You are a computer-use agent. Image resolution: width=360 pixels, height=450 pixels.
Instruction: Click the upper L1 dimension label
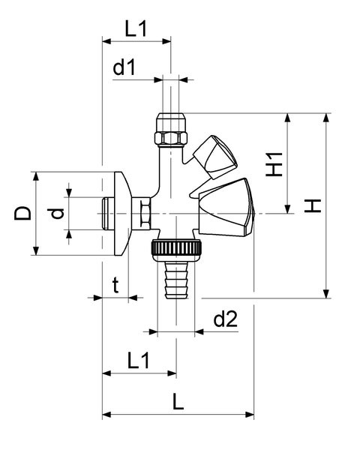(x=136, y=28)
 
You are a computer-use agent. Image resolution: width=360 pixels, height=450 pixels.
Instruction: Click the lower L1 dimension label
(x=138, y=361)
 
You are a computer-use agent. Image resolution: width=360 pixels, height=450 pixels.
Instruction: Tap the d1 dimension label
(x=124, y=67)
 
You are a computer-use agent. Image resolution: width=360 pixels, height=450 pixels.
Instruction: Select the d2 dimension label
(x=226, y=319)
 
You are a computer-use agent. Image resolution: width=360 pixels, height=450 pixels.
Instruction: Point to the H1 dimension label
(x=274, y=164)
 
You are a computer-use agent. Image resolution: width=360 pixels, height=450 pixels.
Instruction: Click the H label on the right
(x=313, y=205)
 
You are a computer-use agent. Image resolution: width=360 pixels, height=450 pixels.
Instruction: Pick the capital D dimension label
(x=22, y=213)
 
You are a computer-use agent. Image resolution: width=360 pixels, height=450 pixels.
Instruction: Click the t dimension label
(x=115, y=286)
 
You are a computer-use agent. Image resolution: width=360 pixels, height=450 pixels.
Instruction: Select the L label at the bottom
(x=178, y=402)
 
